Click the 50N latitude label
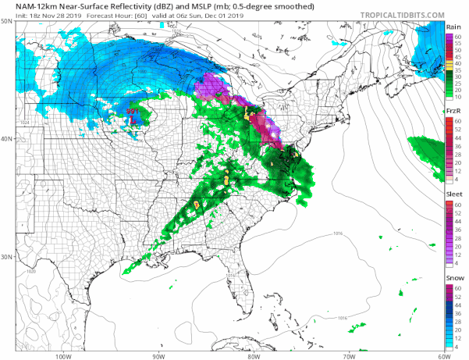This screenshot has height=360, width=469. (7, 22)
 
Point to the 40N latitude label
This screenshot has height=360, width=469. (7, 139)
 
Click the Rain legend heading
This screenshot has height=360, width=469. (454, 26)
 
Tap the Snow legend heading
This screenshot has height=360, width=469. (454, 278)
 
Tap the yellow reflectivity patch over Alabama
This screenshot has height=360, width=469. (197, 205)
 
